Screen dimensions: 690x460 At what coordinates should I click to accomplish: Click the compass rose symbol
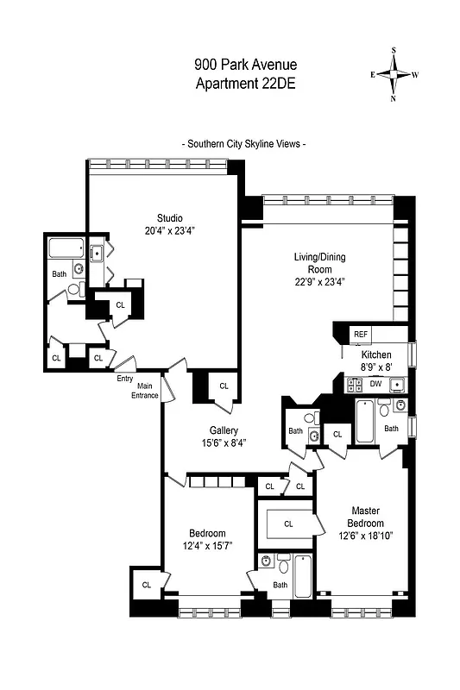pyautogui.click(x=394, y=75)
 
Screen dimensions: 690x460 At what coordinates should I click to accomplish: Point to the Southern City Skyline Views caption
pyautogui.click(x=246, y=144)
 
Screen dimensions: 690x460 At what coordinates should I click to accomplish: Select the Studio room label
pyautogui.click(x=169, y=216)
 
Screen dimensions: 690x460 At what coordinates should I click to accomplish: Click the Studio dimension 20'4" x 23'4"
pyautogui.click(x=169, y=230)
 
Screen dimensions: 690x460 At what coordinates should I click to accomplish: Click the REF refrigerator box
pyautogui.click(x=360, y=335)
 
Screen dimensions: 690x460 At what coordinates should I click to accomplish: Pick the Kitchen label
pyautogui.click(x=376, y=354)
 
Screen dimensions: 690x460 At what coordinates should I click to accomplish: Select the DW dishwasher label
pyautogui.click(x=376, y=383)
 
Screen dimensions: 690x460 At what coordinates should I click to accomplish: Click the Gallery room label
pyautogui.click(x=224, y=430)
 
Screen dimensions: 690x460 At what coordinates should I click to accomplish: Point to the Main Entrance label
pyautogui.click(x=144, y=391)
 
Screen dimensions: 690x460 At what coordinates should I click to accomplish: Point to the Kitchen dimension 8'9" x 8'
pyautogui.click(x=376, y=367)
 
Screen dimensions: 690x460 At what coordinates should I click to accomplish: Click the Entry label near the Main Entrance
pyautogui.click(x=124, y=377)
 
